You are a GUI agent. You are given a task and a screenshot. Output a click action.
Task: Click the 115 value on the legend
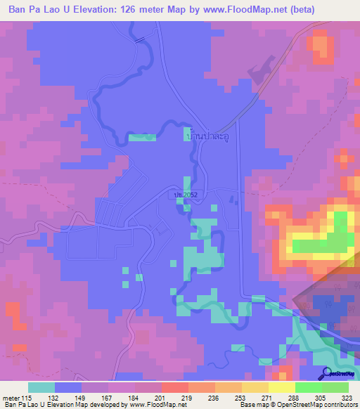(27, 398)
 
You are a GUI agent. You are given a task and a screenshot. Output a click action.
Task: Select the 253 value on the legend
(241, 398)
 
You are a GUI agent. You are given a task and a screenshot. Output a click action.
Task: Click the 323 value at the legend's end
(347, 398)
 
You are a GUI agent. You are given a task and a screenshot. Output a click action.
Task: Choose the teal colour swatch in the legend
(41, 387)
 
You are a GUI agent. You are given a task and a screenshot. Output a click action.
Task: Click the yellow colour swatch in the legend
(281, 387)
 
